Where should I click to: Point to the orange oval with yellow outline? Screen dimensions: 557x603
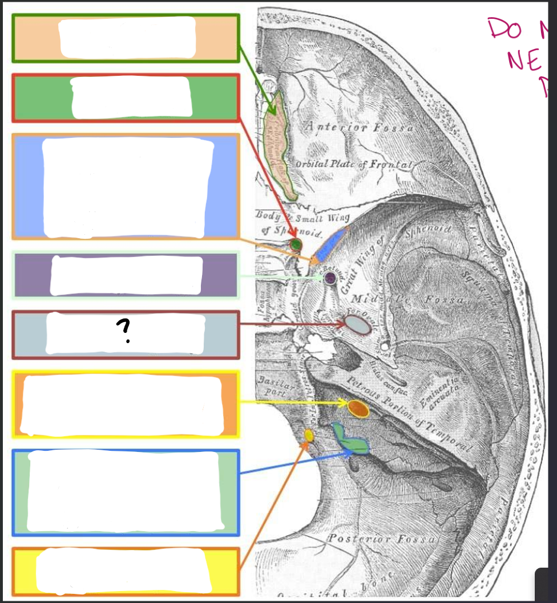357,408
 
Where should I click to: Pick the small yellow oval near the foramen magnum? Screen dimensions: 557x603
309,435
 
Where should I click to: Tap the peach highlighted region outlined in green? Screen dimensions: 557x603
280,145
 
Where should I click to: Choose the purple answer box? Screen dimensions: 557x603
126,276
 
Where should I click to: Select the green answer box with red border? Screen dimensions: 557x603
126,98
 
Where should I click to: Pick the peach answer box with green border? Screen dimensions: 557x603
126,38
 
